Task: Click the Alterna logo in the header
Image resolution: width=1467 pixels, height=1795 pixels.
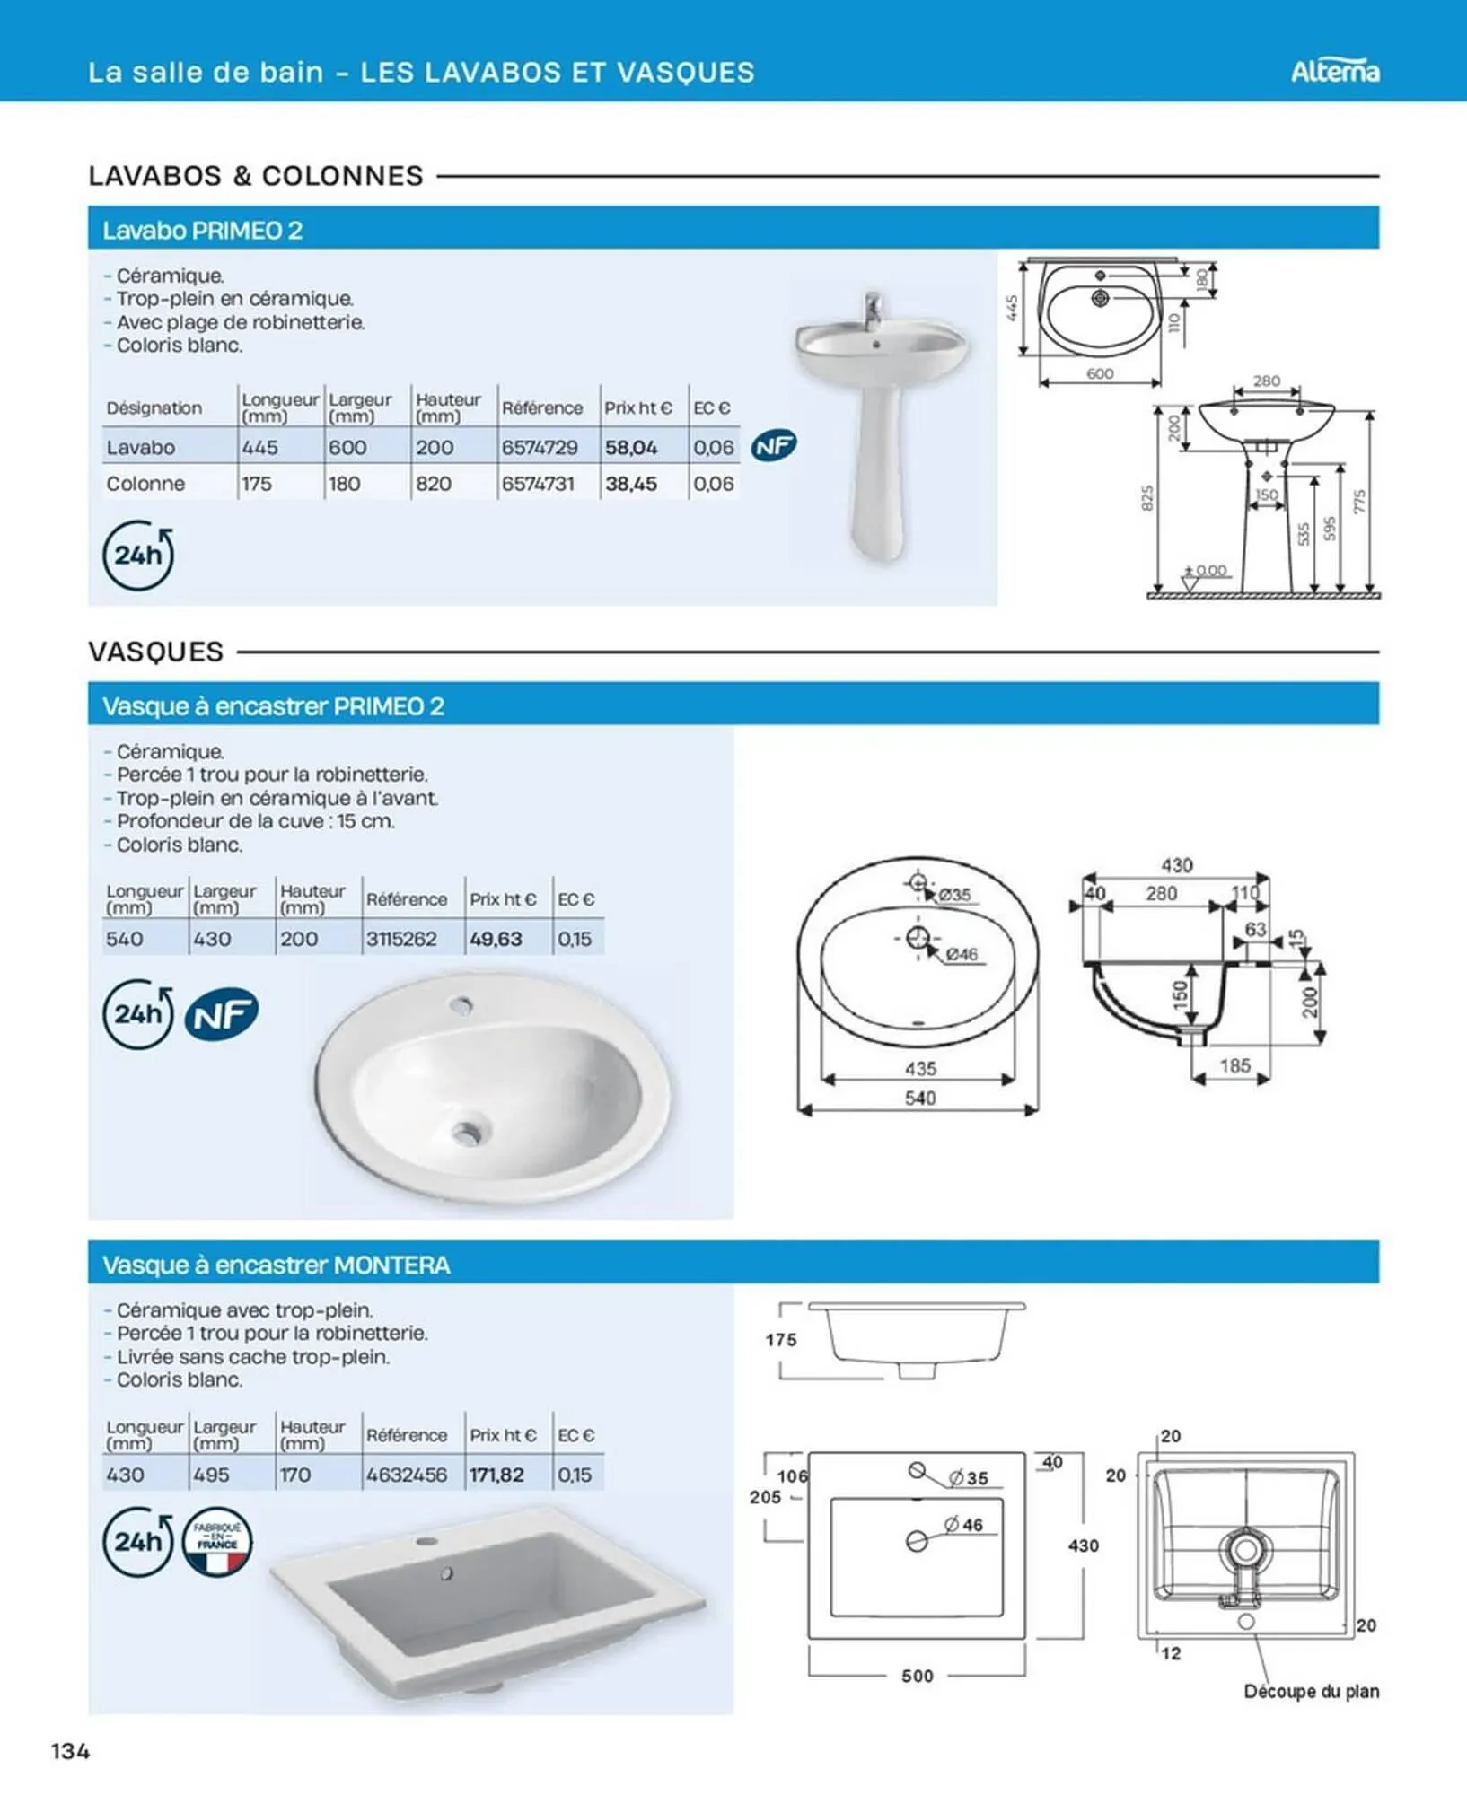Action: [1335, 71]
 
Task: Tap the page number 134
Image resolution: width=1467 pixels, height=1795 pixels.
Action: [71, 1750]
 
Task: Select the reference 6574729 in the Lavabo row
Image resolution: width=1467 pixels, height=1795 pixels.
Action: [540, 447]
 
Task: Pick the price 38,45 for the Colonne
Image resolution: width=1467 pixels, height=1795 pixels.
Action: [631, 484]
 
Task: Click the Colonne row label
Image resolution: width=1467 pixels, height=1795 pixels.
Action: [145, 484]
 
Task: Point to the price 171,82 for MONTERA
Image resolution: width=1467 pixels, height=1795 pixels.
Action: [496, 1475]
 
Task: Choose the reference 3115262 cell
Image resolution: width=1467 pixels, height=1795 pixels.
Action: [401, 939]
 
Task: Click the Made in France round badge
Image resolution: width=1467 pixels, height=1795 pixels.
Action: [217, 1542]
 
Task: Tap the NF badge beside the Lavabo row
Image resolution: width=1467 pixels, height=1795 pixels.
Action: [774, 446]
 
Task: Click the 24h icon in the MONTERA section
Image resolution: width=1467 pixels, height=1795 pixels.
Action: [137, 1542]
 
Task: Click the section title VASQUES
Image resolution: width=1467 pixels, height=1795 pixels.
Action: [155, 652]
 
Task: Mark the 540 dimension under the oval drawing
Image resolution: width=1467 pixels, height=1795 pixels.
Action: [920, 1098]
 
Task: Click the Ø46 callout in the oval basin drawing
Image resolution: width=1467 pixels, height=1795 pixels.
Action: [962, 954]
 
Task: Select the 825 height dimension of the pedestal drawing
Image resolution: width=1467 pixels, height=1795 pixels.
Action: [1146, 499]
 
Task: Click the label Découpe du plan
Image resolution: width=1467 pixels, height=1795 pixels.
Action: [1312, 1691]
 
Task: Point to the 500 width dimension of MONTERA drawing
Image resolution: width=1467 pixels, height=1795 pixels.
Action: [918, 1676]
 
